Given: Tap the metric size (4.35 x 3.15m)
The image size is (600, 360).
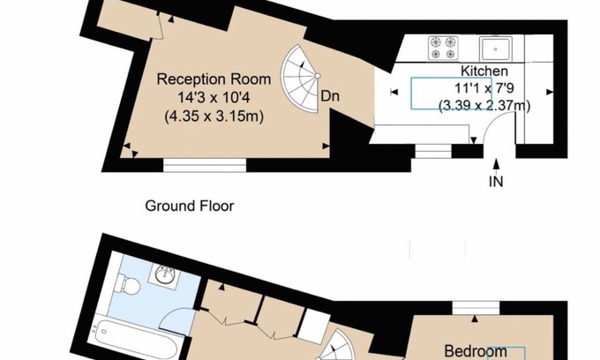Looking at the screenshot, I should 214,116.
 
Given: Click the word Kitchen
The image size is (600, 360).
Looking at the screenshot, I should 484,71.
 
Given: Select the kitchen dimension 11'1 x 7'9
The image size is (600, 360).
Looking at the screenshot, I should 484,88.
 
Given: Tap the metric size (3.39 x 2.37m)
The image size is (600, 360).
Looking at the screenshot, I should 484,106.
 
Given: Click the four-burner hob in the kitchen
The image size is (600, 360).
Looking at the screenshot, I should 443,47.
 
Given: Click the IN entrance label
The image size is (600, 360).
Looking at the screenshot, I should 497,183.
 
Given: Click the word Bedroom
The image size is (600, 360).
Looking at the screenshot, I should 475,351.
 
